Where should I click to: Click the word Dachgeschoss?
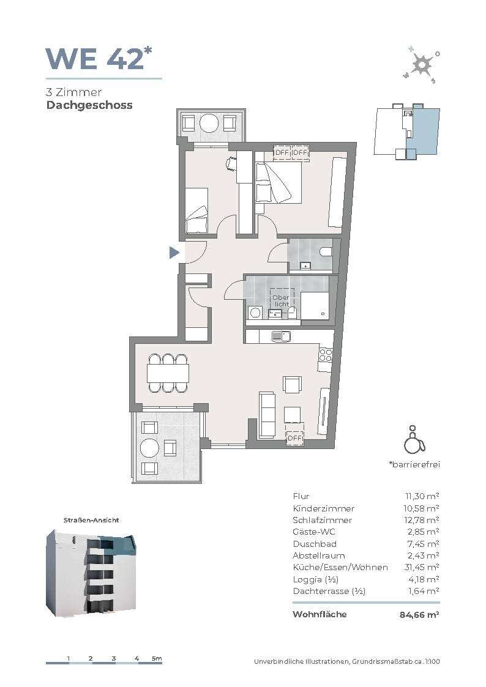pos(89,106)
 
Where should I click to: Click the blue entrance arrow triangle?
pos(174,253)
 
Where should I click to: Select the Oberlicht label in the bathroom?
pos(281,300)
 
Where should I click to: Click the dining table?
pos(168,373)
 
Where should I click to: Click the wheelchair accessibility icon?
pos(414,439)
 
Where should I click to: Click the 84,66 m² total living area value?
pos(419,615)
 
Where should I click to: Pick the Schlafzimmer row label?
pos(322,520)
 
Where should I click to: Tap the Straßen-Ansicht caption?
pos(91,520)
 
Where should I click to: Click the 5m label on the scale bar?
pos(157,658)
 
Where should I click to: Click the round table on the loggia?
pos(150,448)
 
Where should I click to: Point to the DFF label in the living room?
pos(294,438)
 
